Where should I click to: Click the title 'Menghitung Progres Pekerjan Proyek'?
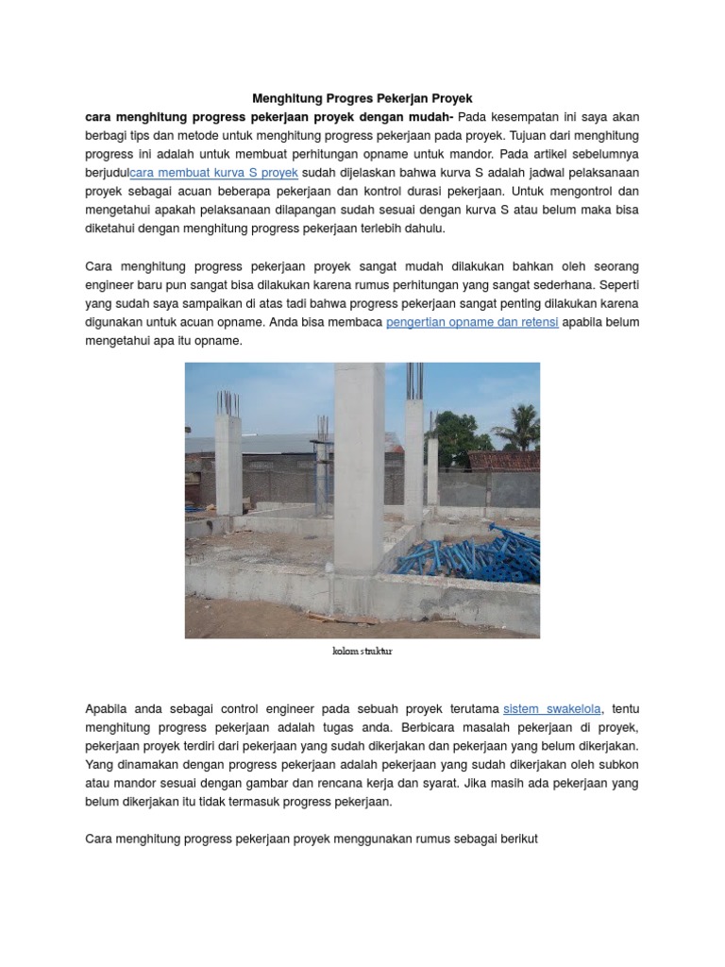coord(362,98)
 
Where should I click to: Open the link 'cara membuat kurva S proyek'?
coord(214,173)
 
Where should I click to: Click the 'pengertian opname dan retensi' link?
coord(472,322)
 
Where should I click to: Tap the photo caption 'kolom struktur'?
coord(362,652)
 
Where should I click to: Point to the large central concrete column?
coord(359,467)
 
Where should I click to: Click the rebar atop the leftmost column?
coord(227,402)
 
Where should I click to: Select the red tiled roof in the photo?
coord(505,461)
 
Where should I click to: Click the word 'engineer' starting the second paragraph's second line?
coord(110,285)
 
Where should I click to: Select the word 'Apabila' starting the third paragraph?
coord(107,709)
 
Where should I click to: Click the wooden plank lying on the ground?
coord(340,619)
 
